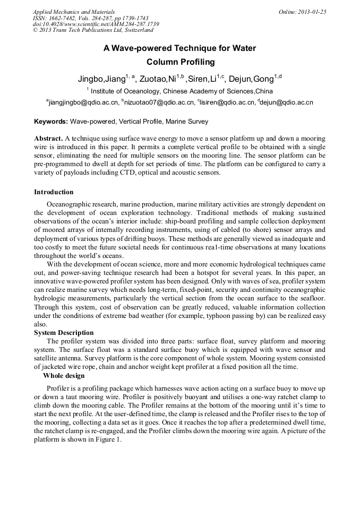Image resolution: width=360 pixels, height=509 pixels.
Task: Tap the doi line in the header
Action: point(96,24)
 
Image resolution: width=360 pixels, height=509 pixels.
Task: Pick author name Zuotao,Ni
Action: point(158,79)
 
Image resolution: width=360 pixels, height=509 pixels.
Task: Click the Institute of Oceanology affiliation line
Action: point(180,91)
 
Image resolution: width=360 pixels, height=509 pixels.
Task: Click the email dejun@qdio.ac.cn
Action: point(287,102)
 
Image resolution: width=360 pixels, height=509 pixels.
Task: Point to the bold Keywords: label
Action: point(51,122)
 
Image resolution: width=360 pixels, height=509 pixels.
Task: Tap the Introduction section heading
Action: point(54,192)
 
